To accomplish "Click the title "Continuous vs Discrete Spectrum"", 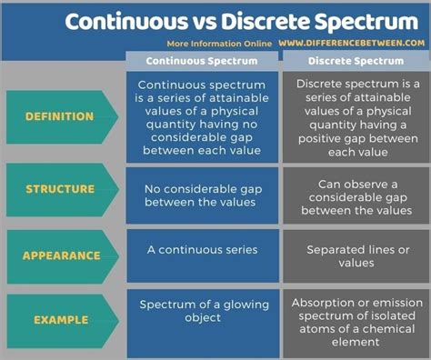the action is coord(215,20).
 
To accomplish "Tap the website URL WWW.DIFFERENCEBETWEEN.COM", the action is coord(350,43).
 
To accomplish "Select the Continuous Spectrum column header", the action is coord(201,61).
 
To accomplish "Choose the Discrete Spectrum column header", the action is coord(355,61).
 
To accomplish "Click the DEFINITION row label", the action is coord(60,116).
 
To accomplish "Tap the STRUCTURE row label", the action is coord(60,189).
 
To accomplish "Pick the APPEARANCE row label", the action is coord(60,255).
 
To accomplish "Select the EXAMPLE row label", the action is coord(60,320).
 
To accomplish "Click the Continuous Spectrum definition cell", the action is coord(201,116).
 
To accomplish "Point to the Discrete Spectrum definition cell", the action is coord(355,116).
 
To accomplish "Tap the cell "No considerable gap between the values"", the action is coord(201,195).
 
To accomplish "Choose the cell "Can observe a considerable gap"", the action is coord(355,195).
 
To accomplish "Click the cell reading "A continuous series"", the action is coord(201,248).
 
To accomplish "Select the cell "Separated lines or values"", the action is coord(355,255).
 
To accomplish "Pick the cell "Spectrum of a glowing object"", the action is coord(201,312).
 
